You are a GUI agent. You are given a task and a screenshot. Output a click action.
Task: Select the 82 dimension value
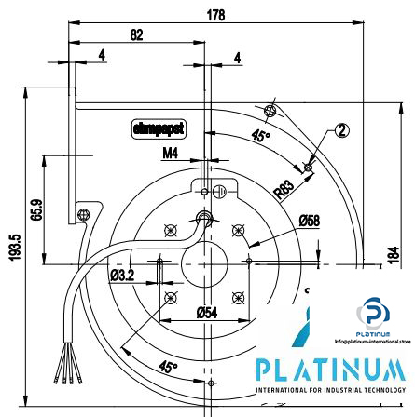pyautogui.click(x=136, y=34)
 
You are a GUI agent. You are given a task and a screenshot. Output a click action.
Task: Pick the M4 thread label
pyautogui.click(x=171, y=154)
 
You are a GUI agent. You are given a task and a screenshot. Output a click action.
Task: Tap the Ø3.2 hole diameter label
pyautogui.click(x=122, y=276)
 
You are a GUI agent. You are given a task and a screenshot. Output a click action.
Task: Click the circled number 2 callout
pyautogui.click(x=342, y=130)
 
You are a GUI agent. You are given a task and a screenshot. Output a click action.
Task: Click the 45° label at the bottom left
pyautogui.click(x=167, y=368)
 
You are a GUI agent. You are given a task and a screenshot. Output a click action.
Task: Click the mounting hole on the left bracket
pyautogui.click(x=83, y=215)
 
